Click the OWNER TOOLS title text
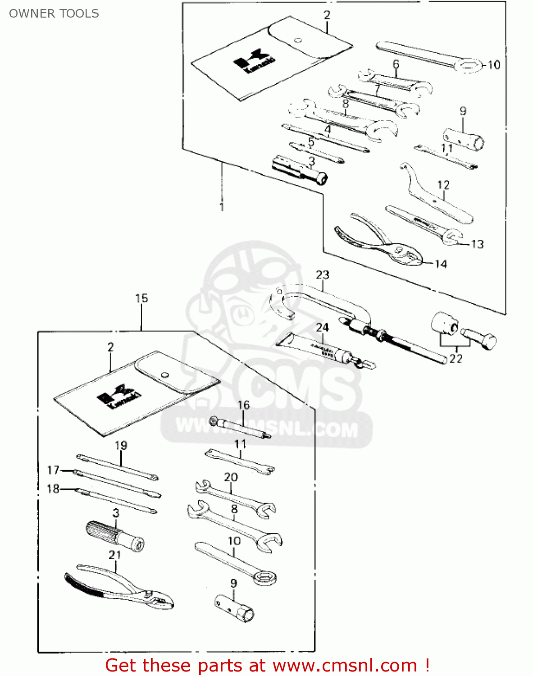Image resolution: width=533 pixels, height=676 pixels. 54,14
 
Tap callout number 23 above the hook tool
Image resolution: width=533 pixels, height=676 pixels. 322,274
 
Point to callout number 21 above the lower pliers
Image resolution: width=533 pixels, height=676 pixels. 115,555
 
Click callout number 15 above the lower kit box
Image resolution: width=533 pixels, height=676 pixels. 141,298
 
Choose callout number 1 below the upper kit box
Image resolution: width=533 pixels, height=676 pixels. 221,206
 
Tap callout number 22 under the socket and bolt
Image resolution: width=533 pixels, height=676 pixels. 456,358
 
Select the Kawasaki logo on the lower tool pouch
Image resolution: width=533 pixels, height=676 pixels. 118,396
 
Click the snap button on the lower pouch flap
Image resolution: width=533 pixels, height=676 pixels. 165,375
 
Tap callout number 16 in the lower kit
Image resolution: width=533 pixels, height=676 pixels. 243,405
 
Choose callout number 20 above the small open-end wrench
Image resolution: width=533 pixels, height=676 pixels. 231,477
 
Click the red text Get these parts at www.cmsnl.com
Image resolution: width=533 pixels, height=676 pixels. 267,665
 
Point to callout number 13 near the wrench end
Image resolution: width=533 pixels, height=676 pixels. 477,244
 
